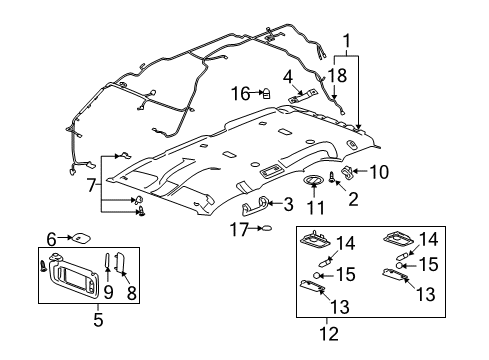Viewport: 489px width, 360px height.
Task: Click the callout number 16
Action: click(240, 94)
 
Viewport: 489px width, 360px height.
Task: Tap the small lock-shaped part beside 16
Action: click(266, 93)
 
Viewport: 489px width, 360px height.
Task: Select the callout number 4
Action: click(288, 77)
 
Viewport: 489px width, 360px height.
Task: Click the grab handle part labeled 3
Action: click(254, 204)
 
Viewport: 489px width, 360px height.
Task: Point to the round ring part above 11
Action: click(313, 180)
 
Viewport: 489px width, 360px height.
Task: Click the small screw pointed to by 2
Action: click(332, 177)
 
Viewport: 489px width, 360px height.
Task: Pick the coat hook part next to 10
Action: click(347, 173)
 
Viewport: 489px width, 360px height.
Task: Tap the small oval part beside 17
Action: click(267, 228)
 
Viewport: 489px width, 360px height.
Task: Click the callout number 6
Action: click(51, 239)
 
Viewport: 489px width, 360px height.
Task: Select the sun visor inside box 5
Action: click(74, 274)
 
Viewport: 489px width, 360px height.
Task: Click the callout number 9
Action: click(108, 292)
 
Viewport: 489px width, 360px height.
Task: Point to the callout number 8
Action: click(131, 293)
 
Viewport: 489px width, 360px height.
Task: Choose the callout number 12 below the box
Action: click(329, 334)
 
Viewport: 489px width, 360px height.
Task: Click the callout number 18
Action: click(338, 75)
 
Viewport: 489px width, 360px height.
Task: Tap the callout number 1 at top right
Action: click(347, 41)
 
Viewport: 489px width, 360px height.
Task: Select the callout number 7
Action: click(91, 185)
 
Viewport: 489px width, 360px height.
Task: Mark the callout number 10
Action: click(379, 172)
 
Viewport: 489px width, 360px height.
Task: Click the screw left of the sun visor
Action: click(43, 266)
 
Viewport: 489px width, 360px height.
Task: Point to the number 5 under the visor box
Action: click(98, 320)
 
